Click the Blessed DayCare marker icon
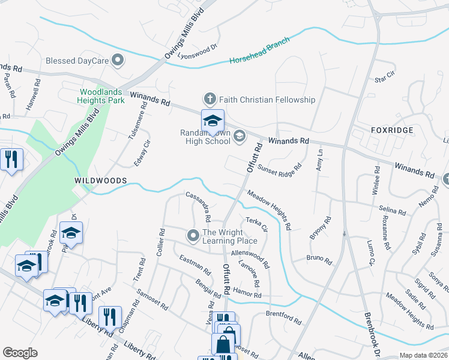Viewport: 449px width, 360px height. click(118, 61)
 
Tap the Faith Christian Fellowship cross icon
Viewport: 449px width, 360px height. click(209, 99)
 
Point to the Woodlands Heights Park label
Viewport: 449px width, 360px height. click(101, 96)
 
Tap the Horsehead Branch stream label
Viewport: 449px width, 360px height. click(259, 52)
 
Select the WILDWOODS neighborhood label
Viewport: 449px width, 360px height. click(100, 180)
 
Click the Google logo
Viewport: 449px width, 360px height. click(20, 353)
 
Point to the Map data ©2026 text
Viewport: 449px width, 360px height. click(423, 355)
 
